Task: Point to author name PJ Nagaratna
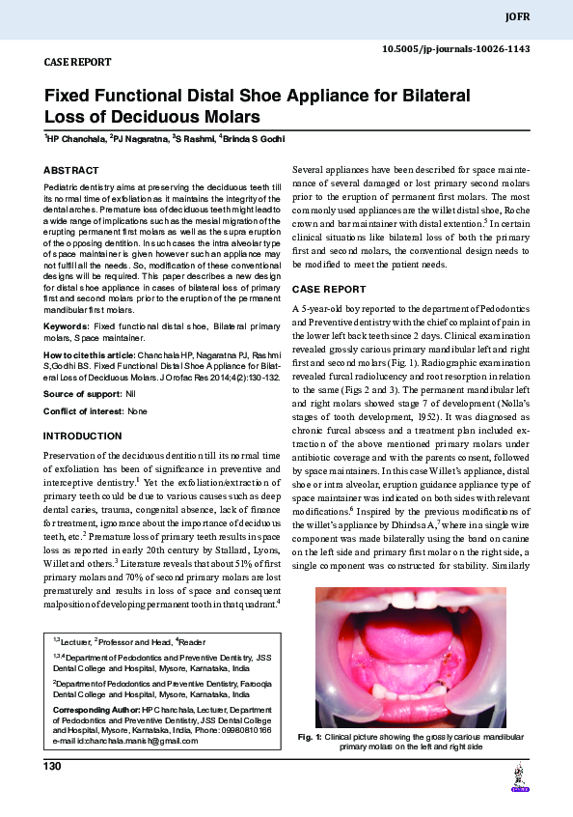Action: pos(139,140)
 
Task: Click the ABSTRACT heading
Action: pos(71,170)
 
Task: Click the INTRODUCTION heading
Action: pos(84,436)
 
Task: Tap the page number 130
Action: pos(53,767)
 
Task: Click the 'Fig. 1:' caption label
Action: pos(310,737)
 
